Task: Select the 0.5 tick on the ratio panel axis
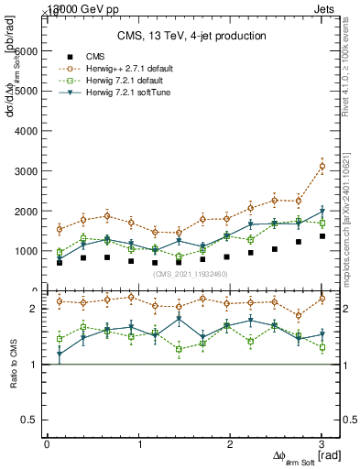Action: (35, 420)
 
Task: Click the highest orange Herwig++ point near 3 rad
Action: (322, 166)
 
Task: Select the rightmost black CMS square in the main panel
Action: (322, 236)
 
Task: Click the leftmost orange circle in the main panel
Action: (60, 229)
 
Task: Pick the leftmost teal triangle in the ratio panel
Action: (60, 354)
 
